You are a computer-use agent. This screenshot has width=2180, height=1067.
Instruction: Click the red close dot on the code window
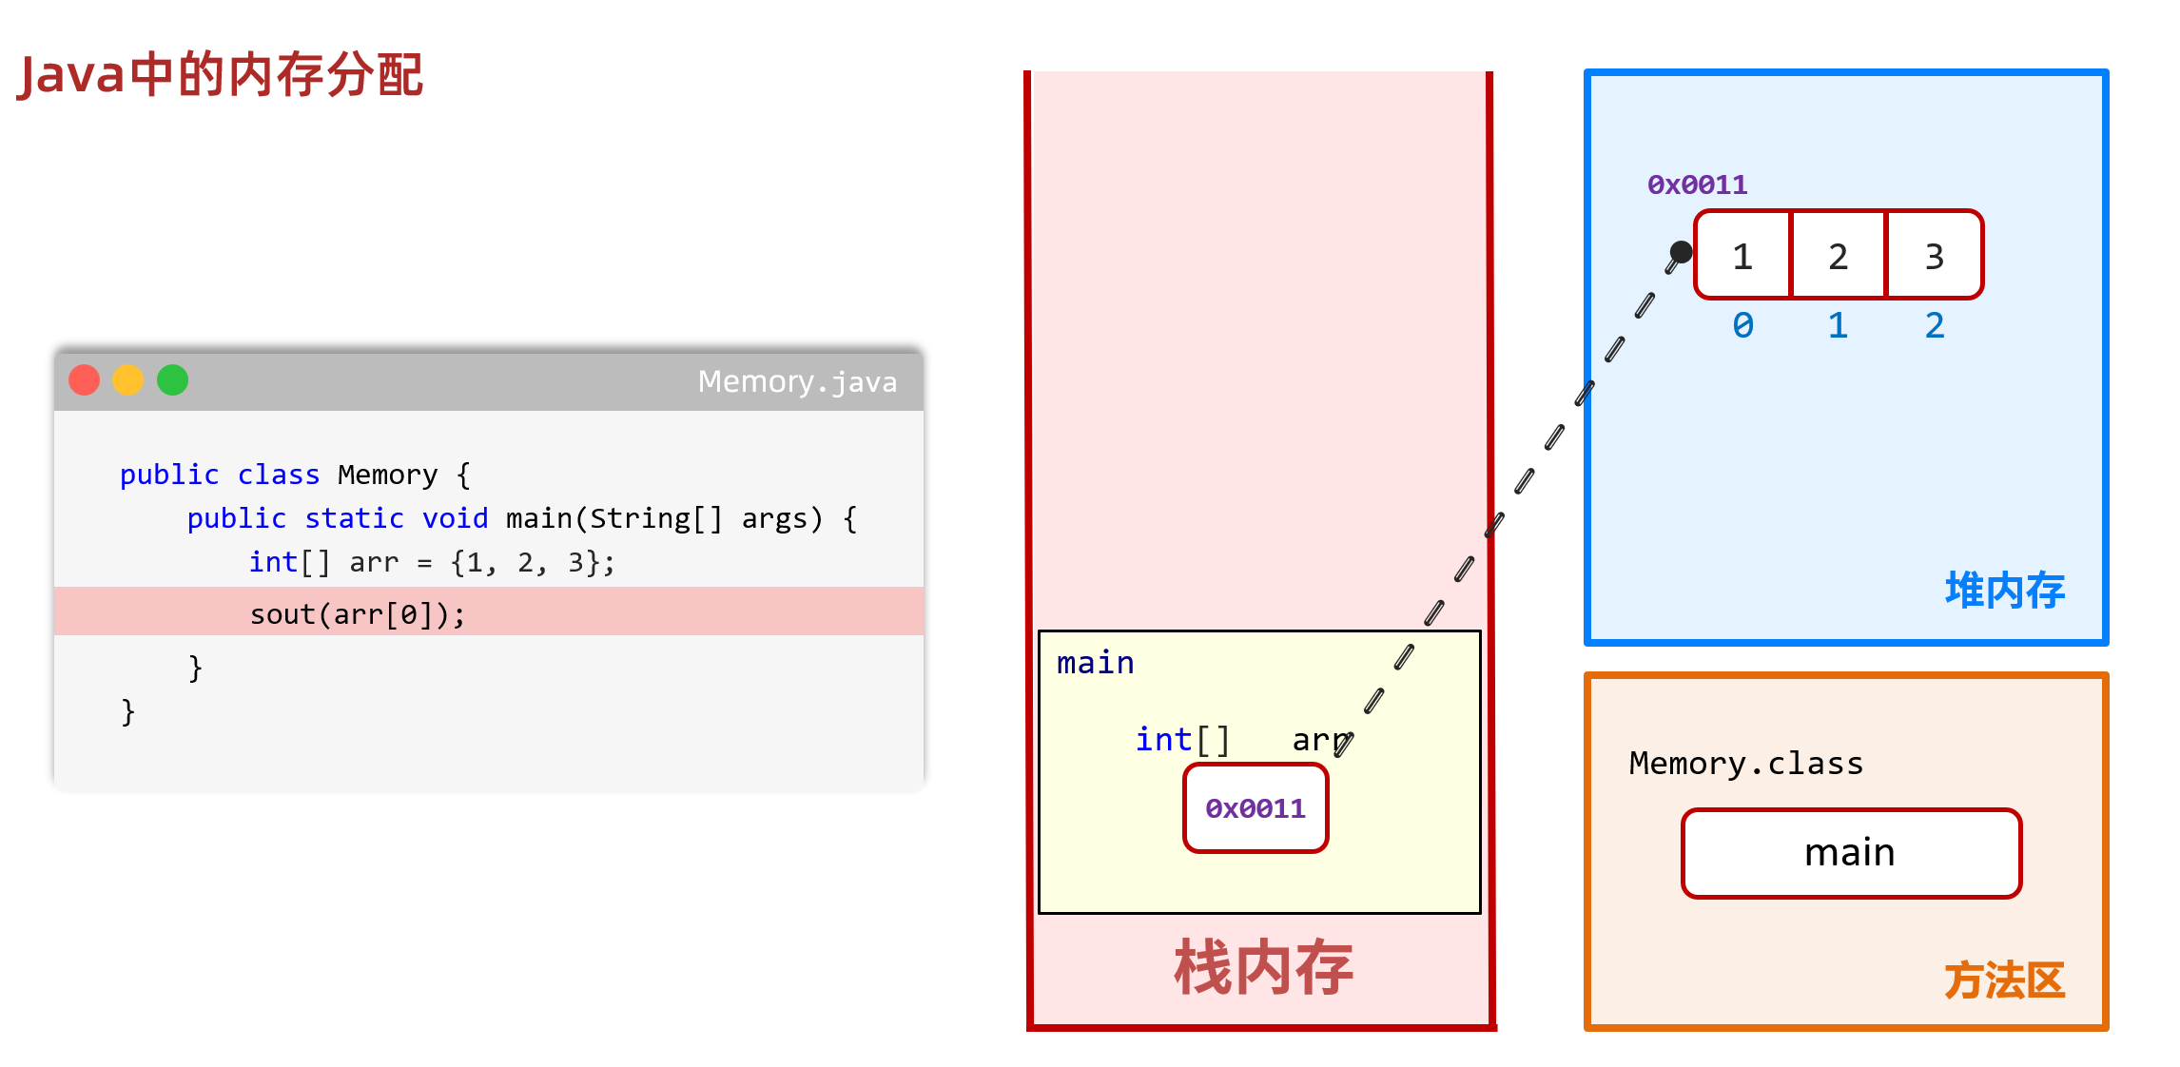tap(85, 380)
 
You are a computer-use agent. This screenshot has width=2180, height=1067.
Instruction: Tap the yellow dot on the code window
tap(128, 380)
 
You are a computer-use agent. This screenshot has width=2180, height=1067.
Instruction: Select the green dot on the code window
tap(172, 380)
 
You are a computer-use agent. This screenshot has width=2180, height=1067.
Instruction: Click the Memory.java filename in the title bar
tap(797, 381)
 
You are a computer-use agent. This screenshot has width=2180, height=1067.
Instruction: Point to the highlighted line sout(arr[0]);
tap(358, 613)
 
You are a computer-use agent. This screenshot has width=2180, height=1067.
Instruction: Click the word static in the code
tap(354, 518)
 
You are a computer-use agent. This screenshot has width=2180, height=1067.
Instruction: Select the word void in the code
tap(455, 518)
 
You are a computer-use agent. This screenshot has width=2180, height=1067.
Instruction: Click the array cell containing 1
tap(1742, 256)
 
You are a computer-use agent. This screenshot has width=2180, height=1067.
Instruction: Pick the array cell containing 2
tap(1839, 256)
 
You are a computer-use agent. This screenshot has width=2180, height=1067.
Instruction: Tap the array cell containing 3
tap(1935, 256)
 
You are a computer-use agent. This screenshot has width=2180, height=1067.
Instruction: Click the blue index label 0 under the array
tap(1742, 325)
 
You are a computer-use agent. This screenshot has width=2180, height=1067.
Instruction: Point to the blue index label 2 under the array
tap(1935, 325)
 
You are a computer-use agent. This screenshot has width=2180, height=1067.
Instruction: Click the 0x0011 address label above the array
tap(1698, 184)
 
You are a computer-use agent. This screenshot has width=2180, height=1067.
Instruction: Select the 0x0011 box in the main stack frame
tap(1255, 808)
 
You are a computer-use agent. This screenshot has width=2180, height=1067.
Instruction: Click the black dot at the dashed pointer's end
tap(1682, 251)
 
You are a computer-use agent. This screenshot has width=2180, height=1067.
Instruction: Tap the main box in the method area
tap(1851, 853)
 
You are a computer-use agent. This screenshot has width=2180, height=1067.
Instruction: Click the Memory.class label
tap(1746, 763)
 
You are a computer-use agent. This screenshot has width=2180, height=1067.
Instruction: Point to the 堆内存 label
tap(2005, 591)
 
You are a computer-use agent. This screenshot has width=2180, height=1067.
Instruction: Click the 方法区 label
tap(2005, 980)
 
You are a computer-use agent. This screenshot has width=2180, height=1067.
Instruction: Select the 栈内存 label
tap(1263, 968)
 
